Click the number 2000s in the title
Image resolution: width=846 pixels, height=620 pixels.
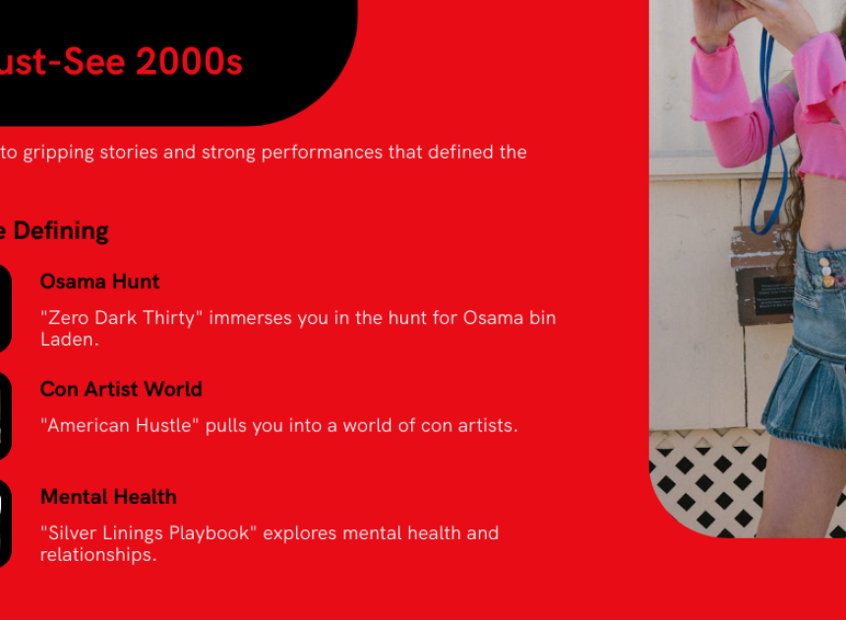[190, 61]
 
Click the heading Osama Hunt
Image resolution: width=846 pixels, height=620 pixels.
[99, 281]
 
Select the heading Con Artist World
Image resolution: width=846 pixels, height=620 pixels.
[121, 389]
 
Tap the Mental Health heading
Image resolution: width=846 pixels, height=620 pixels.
[108, 497]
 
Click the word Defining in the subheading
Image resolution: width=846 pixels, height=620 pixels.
[61, 231]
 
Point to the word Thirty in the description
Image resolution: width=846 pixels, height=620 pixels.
[168, 318]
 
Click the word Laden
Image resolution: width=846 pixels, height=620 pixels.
[69, 340]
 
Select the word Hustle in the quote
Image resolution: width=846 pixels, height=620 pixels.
[163, 426]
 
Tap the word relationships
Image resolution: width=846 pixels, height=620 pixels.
[98, 555]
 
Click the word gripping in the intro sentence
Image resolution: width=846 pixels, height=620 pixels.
[58, 153]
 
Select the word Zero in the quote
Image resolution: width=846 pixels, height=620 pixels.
[69, 318]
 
